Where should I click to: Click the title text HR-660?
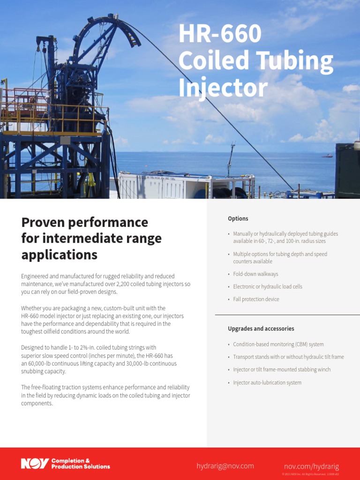(220, 36)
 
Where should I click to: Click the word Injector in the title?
(223, 88)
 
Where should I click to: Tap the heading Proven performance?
(85, 222)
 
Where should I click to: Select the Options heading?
(238, 218)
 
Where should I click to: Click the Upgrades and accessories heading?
(261, 329)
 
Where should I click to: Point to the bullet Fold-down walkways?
(255, 274)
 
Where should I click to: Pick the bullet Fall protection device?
(256, 299)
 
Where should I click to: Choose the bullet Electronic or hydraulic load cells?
(268, 286)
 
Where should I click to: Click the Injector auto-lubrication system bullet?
(267, 382)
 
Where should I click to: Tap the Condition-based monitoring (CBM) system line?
(278, 344)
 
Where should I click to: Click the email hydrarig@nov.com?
(225, 466)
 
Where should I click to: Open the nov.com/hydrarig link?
(311, 466)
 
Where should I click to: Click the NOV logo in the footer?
(34, 464)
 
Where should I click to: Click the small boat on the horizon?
(327, 156)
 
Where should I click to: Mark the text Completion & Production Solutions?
(81, 464)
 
